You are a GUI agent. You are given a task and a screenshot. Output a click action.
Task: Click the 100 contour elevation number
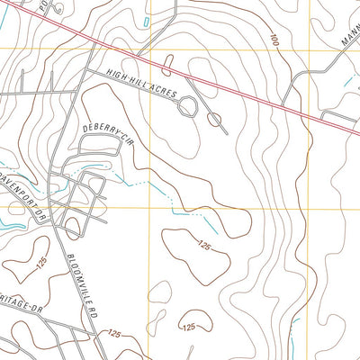[273, 40]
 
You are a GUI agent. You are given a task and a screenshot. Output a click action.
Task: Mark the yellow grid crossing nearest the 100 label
[310, 49]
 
